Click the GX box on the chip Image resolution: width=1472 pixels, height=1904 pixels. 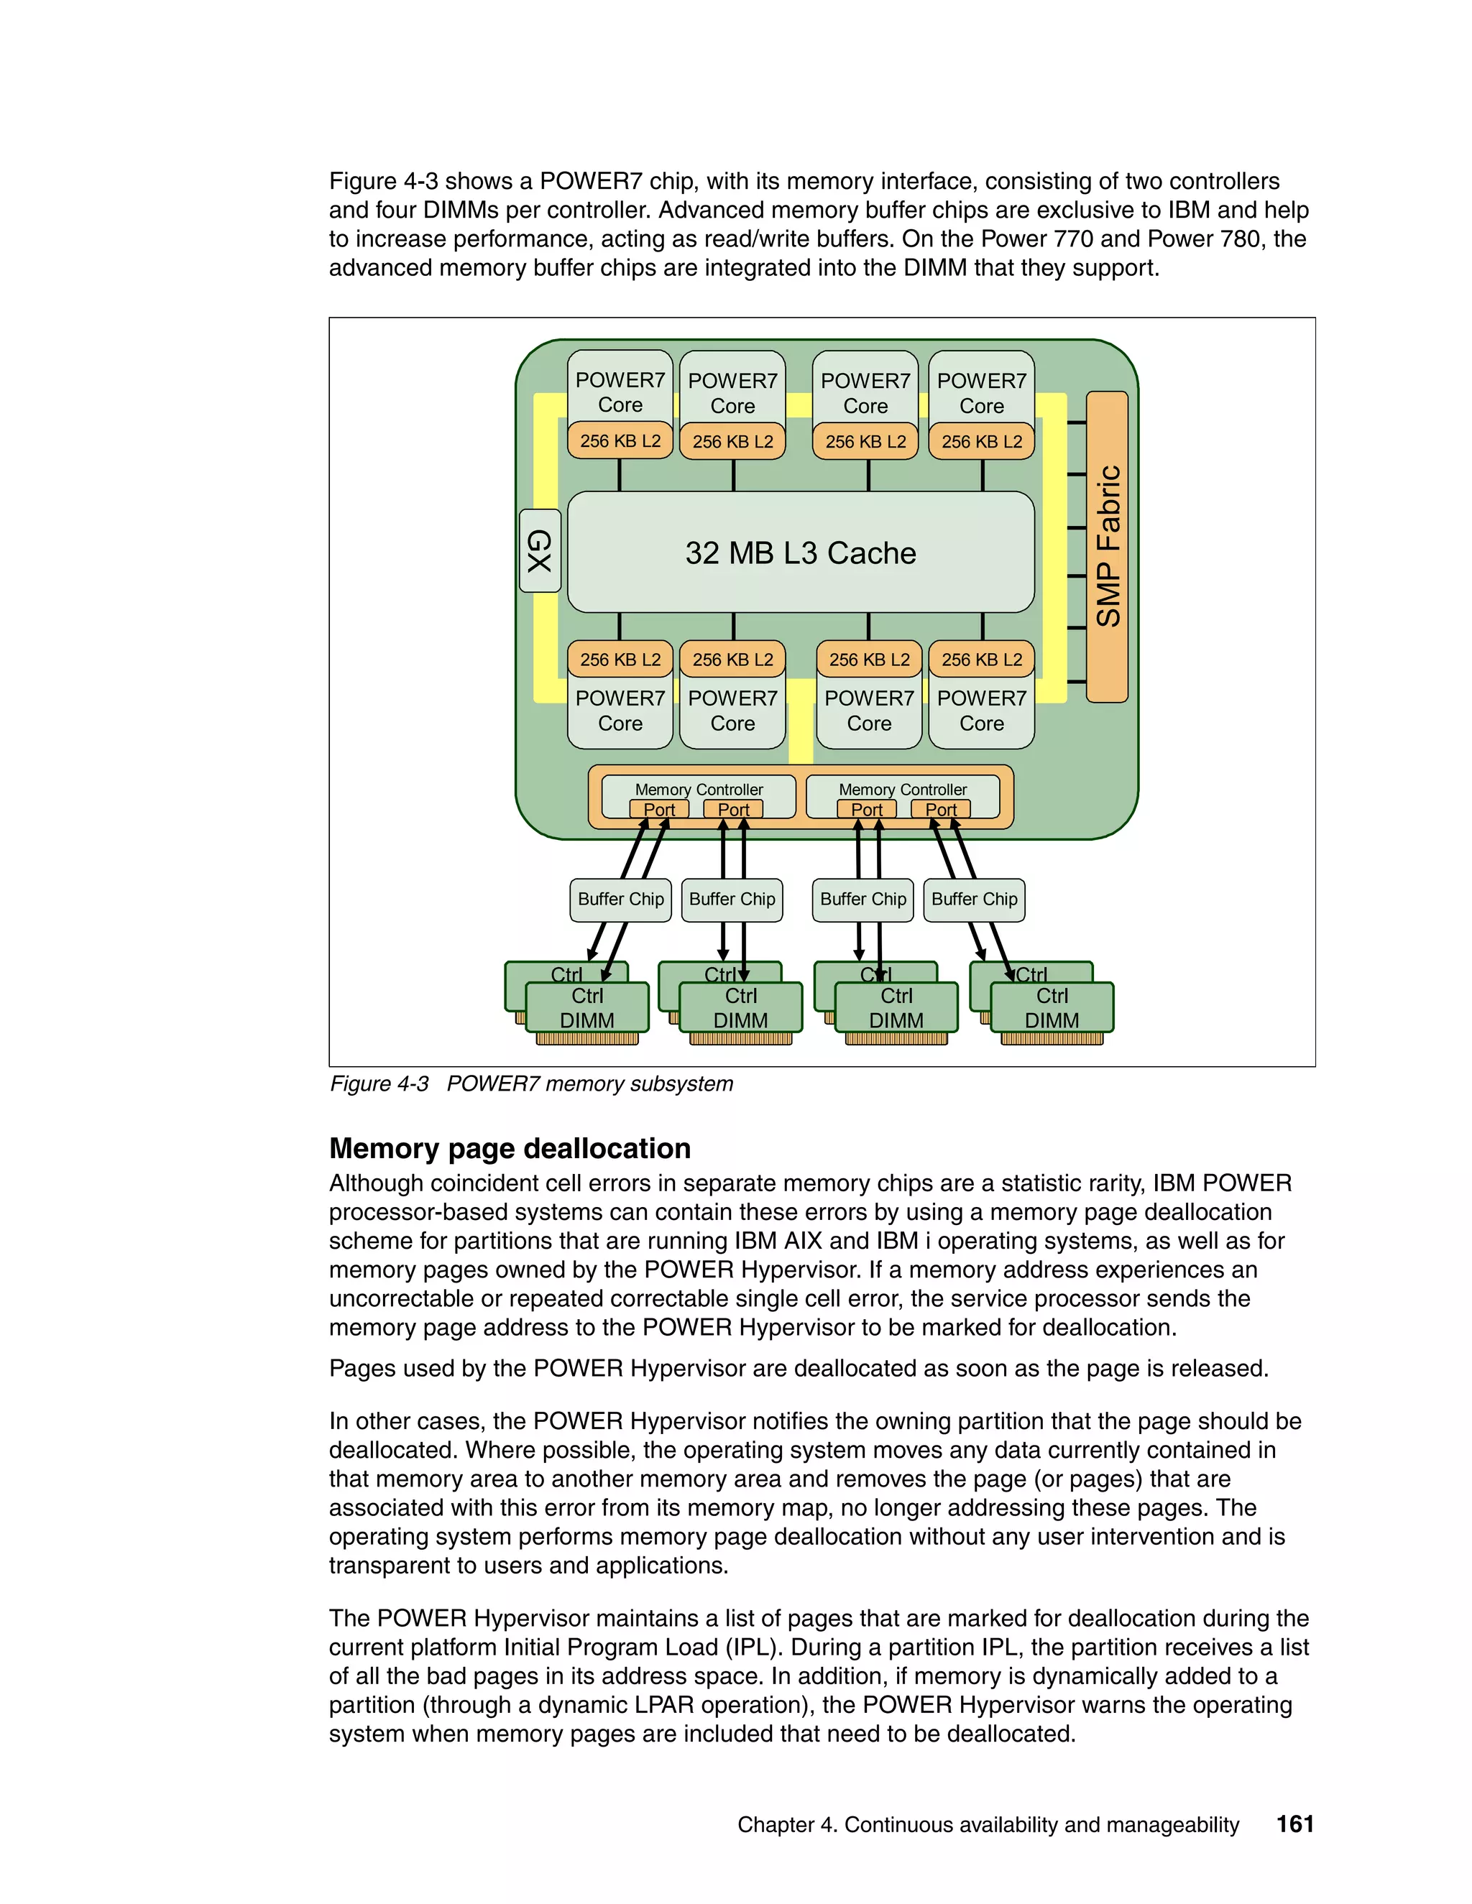coord(540,551)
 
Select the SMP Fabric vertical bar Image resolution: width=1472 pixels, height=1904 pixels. coord(1108,547)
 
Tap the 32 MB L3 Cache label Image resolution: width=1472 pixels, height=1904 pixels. coord(801,553)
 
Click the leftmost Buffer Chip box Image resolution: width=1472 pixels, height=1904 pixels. coord(620,900)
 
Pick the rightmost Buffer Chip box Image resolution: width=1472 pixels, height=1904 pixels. coord(974,900)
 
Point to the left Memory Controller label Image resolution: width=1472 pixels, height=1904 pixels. coord(699,789)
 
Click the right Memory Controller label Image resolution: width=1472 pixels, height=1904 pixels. coord(903,789)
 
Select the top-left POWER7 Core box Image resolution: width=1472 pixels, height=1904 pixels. coord(620,392)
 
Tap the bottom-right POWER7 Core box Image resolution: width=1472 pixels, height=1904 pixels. coord(982,711)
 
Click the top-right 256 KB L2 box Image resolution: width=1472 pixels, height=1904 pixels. coord(982,441)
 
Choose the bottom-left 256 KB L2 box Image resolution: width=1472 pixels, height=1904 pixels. coord(620,659)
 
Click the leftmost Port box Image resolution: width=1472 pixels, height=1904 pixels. coord(659,809)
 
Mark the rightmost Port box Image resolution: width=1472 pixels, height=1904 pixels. coord(941,809)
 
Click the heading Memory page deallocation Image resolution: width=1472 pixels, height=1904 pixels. coord(510,1148)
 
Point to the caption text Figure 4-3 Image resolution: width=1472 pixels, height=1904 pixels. coord(379,1083)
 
